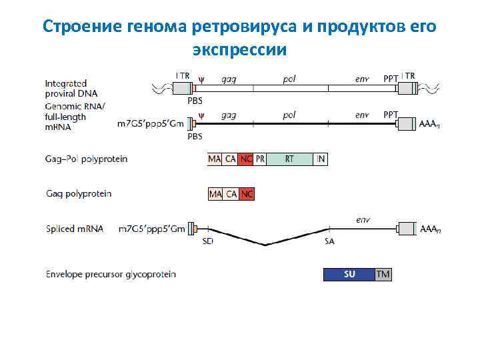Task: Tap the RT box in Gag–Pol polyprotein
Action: (x=289, y=159)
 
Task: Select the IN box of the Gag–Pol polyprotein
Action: (x=321, y=159)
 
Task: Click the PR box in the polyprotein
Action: (x=261, y=159)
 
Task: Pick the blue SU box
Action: (x=349, y=275)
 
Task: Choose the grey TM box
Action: (x=383, y=275)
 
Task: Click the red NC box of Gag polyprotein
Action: (x=247, y=194)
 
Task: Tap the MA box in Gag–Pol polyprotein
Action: (x=215, y=159)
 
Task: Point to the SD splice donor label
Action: (x=207, y=241)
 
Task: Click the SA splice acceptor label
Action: (x=329, y=241)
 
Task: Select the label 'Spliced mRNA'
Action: (x=75, y=229)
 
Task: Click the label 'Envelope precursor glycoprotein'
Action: (x=111, y=275)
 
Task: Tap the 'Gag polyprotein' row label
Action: (x=79, y=194)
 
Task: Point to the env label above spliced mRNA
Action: (x=363, y=218)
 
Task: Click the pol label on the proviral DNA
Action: (x=289, y=78)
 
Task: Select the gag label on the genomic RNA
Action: (x=228, y=115)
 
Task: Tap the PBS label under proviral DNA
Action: (x=195, y=101)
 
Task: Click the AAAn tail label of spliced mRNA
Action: (x=430, y=229)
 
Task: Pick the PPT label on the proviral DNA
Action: (x=391, y=78)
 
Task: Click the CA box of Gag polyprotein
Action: (x=231, y=194)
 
